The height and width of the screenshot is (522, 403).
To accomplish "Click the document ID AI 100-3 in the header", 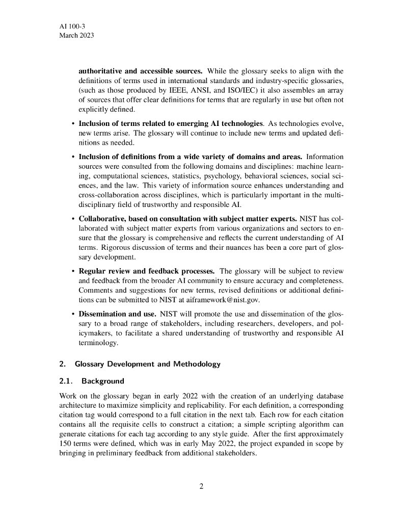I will pyautogui.click(x=72, y=26).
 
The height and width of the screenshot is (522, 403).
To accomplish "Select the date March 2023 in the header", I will pyautogui.click(x=76, y=36).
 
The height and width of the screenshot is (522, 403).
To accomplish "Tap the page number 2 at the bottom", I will pyautogui.click(x=201, y=486).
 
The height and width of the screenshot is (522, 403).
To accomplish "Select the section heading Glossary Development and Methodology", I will pyautogui.click(x=147, y=364).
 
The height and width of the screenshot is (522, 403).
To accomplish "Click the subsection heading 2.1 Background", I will pyautogui.click(x=92, y=381).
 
